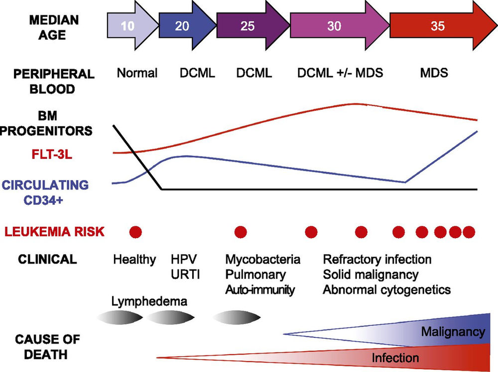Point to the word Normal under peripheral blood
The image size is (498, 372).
tap(137, 73)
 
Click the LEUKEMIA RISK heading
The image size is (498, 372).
tap(54, 231)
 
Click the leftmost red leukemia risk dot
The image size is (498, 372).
tap(135, 231)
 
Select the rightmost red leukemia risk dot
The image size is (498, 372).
tap(469, 232)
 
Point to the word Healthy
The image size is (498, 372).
tap(134, 259)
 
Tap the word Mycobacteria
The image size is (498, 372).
tap(263, 259)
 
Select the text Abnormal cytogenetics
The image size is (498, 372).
tap(387, 289)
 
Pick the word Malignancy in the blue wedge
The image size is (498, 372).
tap(453, 331)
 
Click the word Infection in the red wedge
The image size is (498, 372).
tap(395, 357)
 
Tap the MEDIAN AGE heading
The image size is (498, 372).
tap(53, 28)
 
